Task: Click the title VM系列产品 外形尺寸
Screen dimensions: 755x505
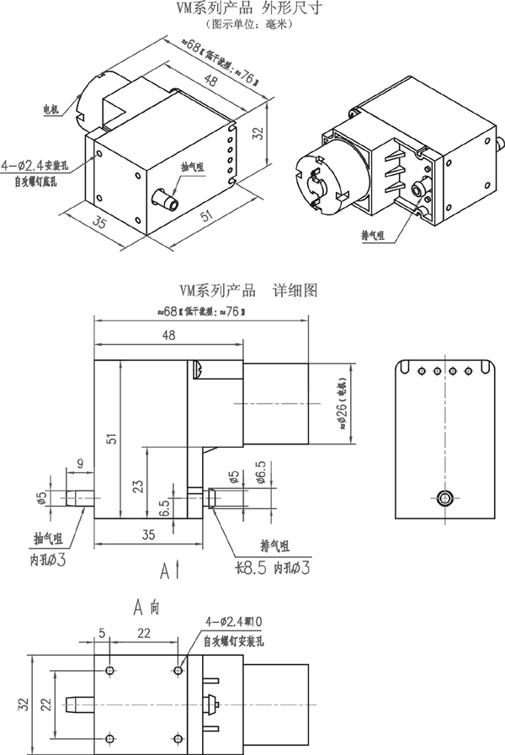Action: point(250,8)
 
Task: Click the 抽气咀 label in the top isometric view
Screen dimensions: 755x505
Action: point(193,168)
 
